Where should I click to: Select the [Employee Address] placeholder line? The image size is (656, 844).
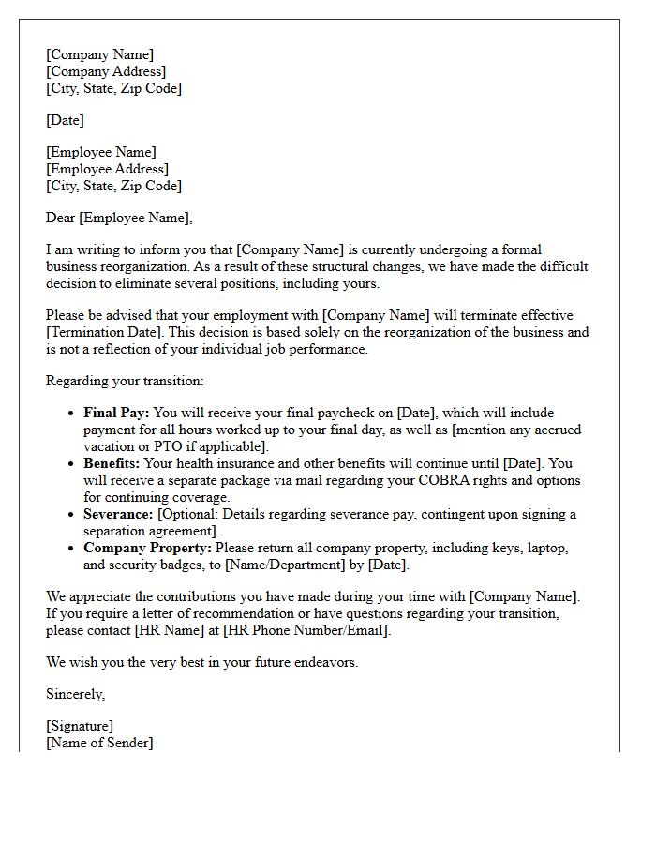[107, 169]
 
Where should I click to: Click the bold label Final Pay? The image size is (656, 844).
[116, 413]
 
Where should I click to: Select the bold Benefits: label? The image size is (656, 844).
[112, 463]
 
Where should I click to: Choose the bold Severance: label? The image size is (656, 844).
[118, 514]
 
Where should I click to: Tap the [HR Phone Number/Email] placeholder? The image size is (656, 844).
[306, 630]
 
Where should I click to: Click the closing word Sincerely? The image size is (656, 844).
[75, 694]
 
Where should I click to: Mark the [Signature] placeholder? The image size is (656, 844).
[80, 726]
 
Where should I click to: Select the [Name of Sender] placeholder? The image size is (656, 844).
[99, 743]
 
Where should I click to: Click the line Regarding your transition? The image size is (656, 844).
[125, 381]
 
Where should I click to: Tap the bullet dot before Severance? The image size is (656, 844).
[72, 515]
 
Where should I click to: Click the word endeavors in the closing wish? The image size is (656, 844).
[324, 662]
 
